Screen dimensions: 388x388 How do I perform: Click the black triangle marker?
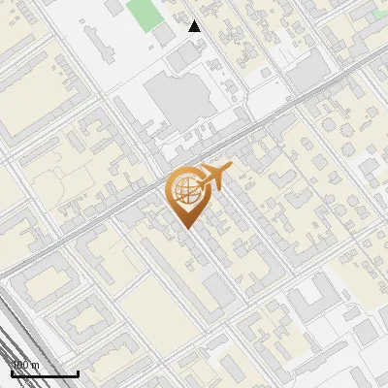(195, 26)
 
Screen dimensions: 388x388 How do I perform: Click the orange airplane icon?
(212, 178)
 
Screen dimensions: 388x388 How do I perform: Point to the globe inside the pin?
(184, 189)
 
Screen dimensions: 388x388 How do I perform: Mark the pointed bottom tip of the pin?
(185, 228)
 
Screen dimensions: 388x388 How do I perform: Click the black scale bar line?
(44, 373)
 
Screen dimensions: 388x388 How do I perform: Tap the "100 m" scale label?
(25, 365)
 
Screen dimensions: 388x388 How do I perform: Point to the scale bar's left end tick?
(11, 372)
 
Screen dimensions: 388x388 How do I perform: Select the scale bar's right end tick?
(78, 372)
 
